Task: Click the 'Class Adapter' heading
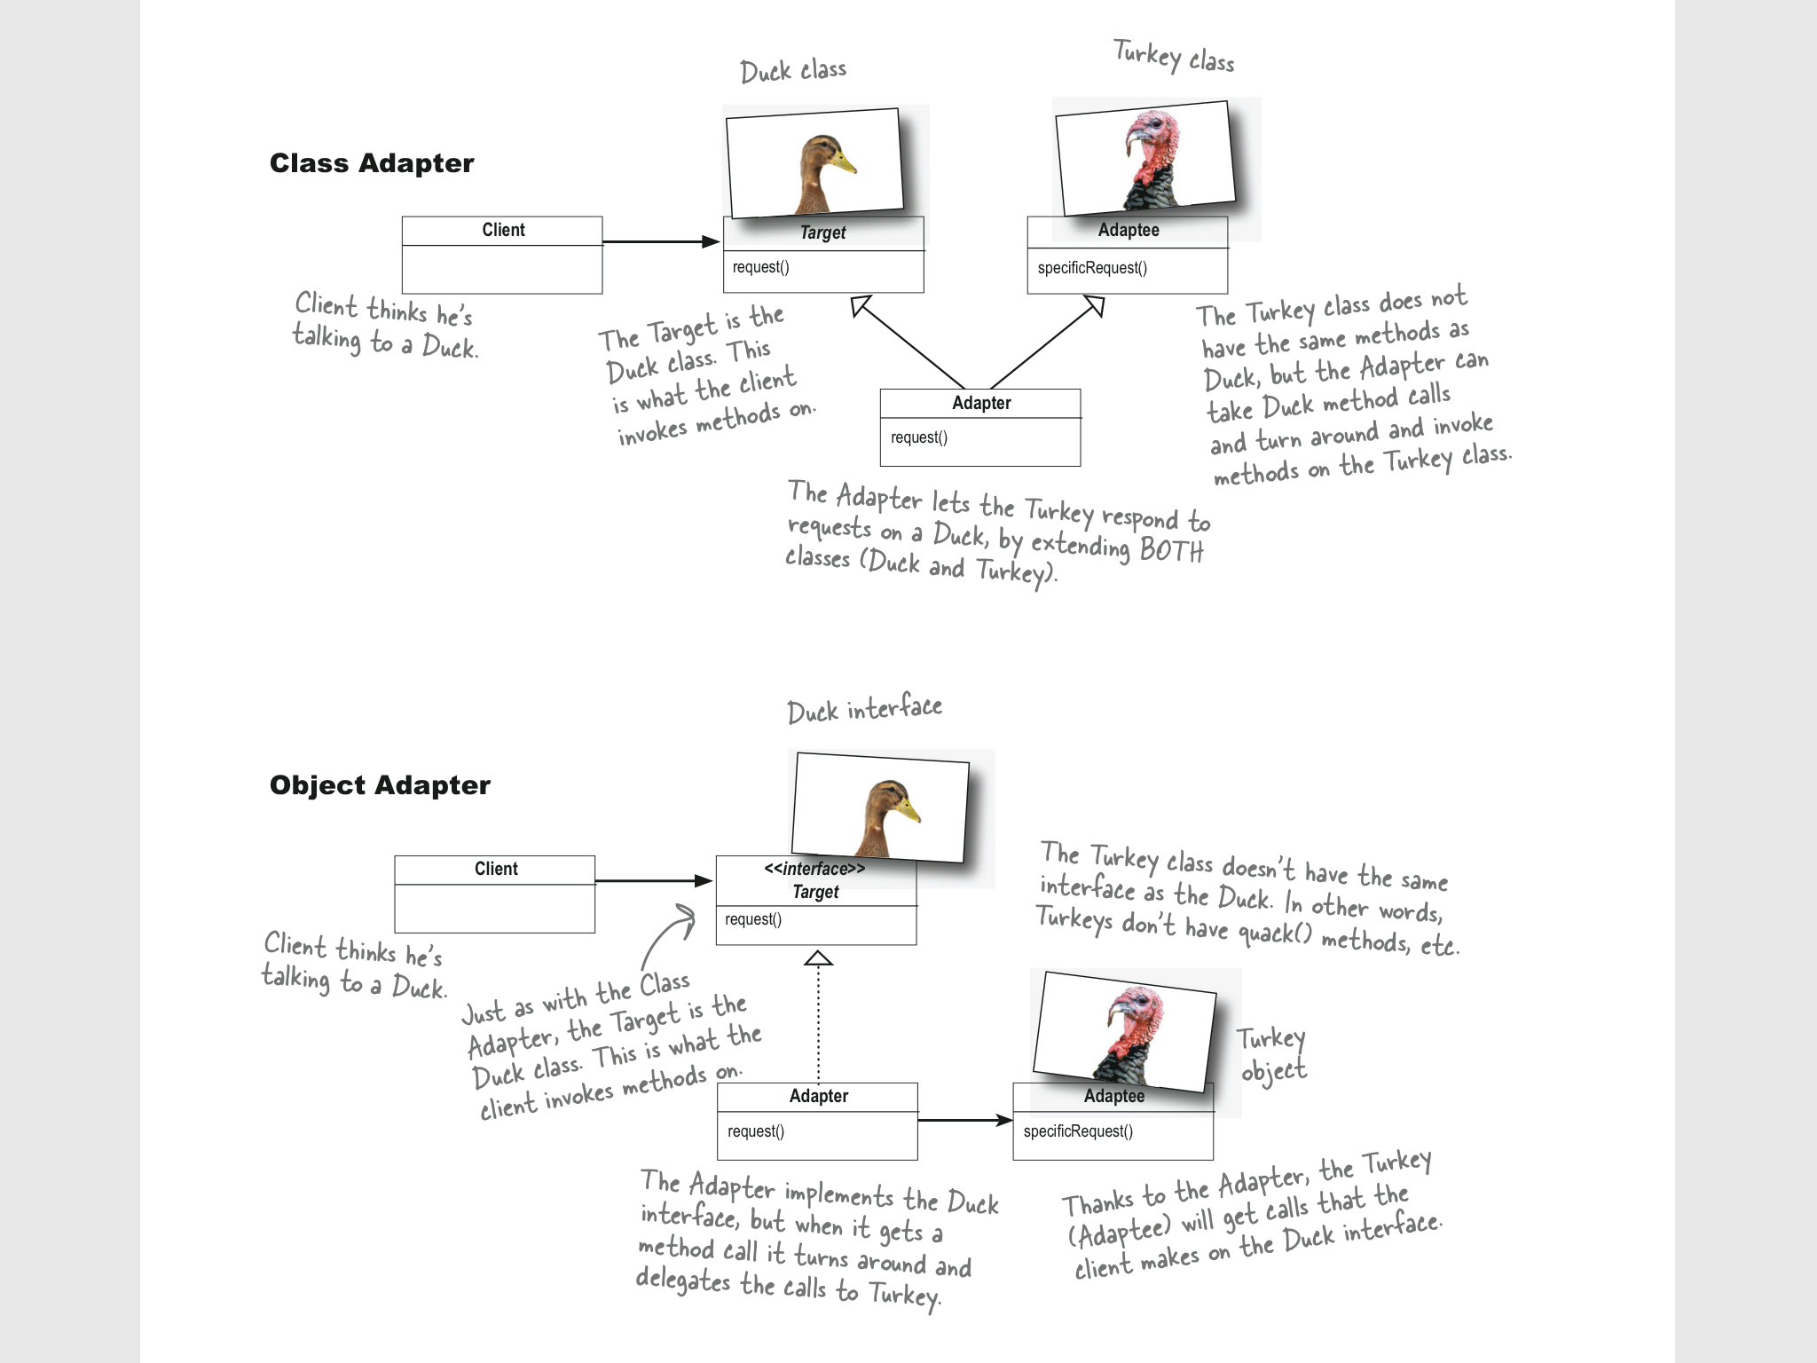click(372, 163)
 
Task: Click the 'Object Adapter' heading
click(380, 785)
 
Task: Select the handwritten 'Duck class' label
click(793, 71)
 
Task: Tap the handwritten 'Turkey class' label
click(1174, 57)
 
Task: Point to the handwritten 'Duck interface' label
click(864, 710)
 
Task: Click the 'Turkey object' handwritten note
click(1273, 1054)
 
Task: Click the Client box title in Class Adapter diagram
click(503, 231)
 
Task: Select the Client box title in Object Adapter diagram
click(496, 870)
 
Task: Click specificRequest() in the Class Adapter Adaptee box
click(1092, 268)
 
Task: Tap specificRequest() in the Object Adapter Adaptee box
click(1078, 1131)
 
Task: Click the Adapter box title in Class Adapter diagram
click(981, 404)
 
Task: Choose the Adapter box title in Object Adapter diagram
click(818, 1097)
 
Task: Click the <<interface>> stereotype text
click(814, 870)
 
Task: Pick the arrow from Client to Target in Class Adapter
click(660, 241)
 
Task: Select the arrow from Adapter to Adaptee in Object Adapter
click(964, 1121)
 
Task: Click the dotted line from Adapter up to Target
click(818, 1020)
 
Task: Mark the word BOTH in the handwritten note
click(1171, 551)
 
